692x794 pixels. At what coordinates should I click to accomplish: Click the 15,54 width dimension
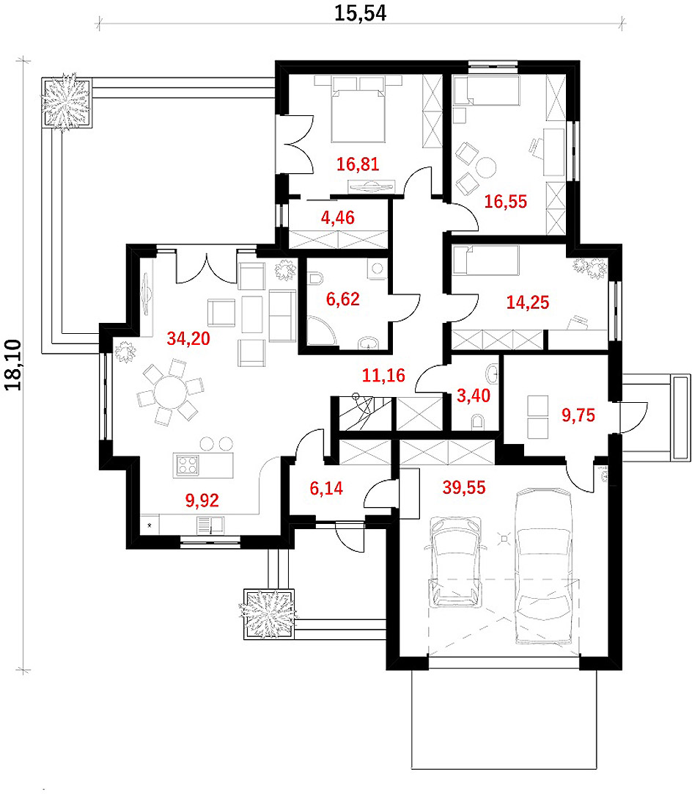point(360,13)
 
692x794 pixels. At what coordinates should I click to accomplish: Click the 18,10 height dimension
point(13,365)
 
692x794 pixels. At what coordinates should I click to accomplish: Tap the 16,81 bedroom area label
point(358,164)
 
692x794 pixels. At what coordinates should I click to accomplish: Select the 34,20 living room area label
point(188,338)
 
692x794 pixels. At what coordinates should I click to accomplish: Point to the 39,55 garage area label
point(464,487)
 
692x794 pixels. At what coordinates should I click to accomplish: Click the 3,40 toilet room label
point(474,396)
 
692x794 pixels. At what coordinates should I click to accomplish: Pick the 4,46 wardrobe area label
point(338,218)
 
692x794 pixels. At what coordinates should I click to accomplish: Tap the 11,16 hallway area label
point(383,375)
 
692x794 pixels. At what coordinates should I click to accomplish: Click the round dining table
point(171,392)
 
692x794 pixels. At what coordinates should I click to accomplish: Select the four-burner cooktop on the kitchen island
point(187,465)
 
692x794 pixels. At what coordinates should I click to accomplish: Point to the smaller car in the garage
point(455,561)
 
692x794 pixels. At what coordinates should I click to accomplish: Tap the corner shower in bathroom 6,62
point(320,331)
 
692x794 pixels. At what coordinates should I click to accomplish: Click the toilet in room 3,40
point(477,422)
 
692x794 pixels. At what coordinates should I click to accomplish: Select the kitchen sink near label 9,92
point(210,525)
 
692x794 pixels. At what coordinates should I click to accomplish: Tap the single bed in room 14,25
point(485,261)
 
